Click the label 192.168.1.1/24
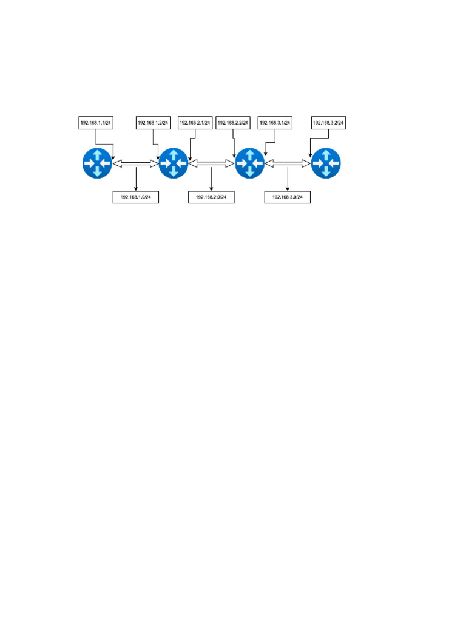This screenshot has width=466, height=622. (x=96, y=123)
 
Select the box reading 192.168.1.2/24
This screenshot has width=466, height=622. (x=154, y=123)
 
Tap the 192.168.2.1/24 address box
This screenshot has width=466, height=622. (x=194, y=123)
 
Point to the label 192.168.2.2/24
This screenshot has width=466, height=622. (x=234, y=123)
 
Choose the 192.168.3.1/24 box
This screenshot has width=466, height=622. (x=275, y=123)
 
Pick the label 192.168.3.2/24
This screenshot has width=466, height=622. (x=328, y=123)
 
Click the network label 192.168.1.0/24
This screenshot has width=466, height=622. (x=136, y=197)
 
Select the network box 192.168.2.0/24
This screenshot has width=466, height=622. (x=211, y=197)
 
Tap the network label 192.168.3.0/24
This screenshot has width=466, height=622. (x=288, y=197)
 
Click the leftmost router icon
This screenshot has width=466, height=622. (x=98, y=163)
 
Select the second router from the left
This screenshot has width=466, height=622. (x=174, y=163)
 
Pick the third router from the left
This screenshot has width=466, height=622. (x=250, y=163)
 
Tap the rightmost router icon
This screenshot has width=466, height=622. (x=326, y=163)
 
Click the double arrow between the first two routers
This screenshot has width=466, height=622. (x=136, y=163)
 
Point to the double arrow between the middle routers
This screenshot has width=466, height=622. (x=212, y=163)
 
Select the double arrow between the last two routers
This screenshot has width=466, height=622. (x=288, y=163)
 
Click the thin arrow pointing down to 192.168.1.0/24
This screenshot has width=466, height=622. (x=136, y=179)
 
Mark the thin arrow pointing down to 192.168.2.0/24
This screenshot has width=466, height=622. (x=211, y=179)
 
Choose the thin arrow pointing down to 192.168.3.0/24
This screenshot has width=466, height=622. (x=288, y=179)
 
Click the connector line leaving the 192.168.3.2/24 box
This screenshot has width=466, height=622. (x=319, y=138)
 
